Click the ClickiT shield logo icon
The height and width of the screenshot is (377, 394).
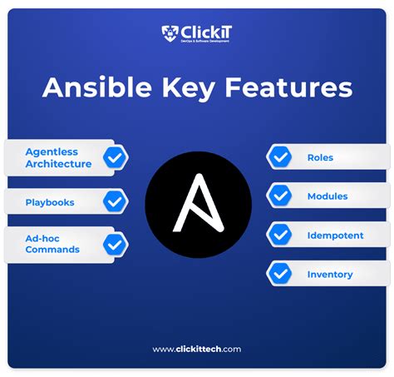[170, 34]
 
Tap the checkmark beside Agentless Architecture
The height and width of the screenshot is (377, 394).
[115, 157]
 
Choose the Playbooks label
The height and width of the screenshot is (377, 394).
[50, 201]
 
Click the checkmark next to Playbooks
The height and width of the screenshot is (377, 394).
[115, 201]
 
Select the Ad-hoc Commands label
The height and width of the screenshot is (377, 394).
[52, 244]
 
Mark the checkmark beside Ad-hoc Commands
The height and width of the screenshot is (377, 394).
[115, 245]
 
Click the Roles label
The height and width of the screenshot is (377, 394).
[320, 157]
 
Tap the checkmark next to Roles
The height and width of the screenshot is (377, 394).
[279, 157]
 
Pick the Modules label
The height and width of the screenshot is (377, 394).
[328, 196]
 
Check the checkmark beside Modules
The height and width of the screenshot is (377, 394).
[279, 196]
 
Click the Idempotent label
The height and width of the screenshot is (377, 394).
[335, 236]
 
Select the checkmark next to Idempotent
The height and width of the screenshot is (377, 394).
[279, 236]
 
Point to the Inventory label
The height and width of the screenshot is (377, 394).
[330, 274]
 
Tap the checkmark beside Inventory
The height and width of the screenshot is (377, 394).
[279, 274]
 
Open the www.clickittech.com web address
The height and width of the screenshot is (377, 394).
[197, 350]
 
